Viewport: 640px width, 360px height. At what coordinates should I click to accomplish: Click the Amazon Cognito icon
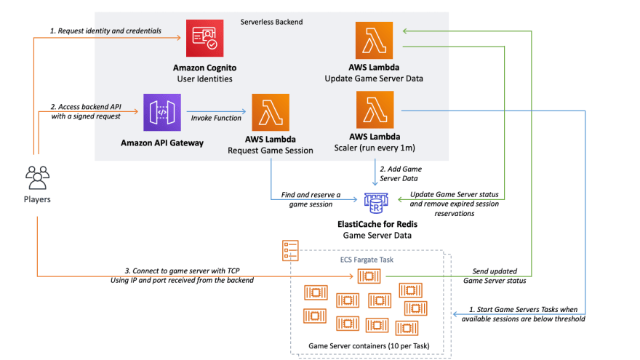(204, 38)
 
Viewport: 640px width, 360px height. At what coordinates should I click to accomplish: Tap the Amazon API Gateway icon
(162, 112)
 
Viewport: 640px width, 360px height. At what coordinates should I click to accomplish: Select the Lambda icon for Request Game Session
(271, 112)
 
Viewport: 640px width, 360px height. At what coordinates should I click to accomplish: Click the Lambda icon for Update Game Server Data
(374, 41)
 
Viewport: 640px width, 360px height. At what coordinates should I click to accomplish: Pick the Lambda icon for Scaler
(375, 110)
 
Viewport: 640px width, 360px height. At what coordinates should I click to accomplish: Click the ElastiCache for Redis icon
(376, 203)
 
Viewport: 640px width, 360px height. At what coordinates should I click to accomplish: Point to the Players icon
(37, 177)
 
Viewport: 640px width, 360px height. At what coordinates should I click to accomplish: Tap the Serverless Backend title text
(271, 22)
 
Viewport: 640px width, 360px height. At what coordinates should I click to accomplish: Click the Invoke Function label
(216, 118)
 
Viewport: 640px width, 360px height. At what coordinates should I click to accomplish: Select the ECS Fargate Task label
(367, 260)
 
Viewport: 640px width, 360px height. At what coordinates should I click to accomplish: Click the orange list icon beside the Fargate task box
(290, 251)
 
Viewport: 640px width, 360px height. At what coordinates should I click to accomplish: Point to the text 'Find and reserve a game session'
(311, 199)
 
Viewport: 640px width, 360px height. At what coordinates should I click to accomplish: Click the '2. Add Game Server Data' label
(401, 174)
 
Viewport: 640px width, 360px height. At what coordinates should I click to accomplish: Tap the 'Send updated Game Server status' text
(495, 276)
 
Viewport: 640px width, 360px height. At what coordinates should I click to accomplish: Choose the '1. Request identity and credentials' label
(105, 31)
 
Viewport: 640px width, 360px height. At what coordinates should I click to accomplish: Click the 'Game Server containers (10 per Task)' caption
(369, 345)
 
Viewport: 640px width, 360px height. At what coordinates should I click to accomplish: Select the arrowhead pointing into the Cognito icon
(178, 38)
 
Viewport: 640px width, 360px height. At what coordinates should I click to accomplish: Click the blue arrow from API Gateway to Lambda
(216, 111)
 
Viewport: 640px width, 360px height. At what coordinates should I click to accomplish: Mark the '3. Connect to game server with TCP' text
(182, 271)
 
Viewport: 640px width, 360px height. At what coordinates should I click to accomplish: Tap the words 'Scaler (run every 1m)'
(375, 148)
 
